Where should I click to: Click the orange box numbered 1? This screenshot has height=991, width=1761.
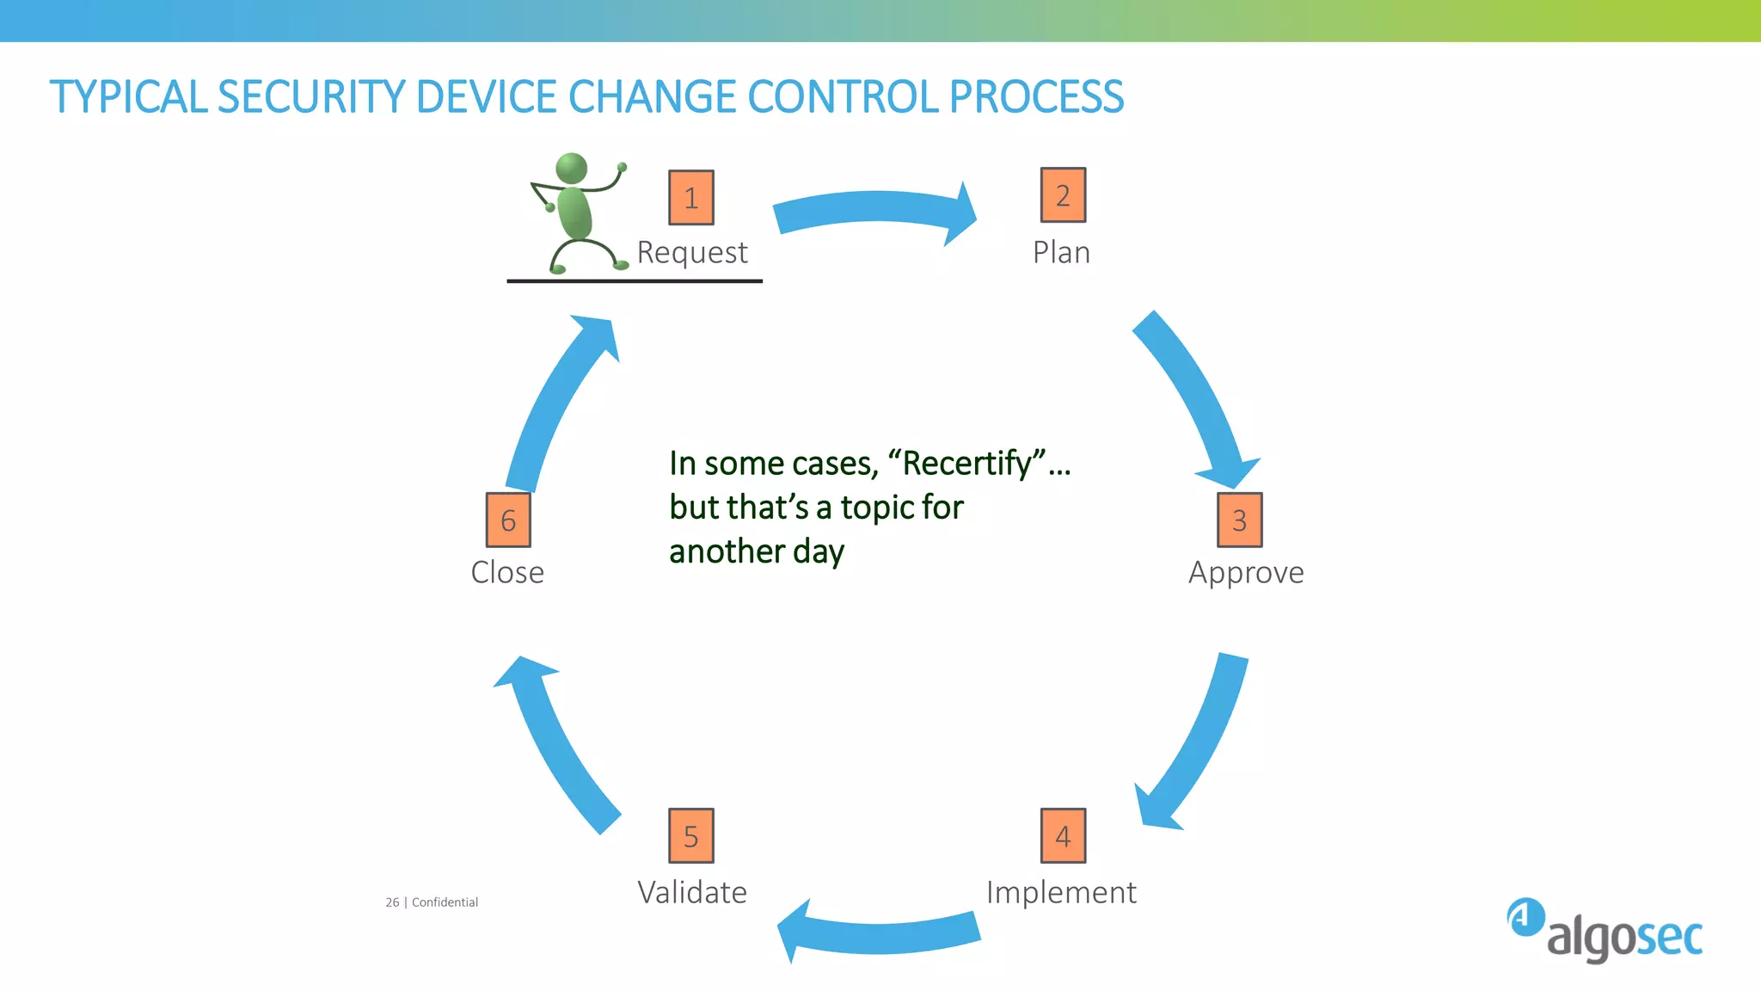coord(691,198)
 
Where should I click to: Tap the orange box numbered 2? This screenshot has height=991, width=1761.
coord(1063,195)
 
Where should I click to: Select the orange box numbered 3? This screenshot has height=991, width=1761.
coord(1239,520)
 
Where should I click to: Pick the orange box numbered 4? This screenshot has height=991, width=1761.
coord(1063,835)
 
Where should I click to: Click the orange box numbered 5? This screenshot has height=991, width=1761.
coord(691,835)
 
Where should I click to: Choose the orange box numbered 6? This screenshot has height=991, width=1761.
coord(508,520)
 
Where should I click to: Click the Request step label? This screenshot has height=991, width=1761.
coord(692,253)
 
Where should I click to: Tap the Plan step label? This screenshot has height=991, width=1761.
coord(1061,253)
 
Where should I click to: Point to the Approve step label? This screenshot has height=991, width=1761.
coord(1246,573)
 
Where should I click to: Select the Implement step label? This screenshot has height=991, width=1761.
coord(1061,893)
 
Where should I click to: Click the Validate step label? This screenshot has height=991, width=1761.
coord(692,893)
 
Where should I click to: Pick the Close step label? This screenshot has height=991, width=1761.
coord(507,573)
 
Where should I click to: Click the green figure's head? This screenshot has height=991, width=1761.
coord(572,168)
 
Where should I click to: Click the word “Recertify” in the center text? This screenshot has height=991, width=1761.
coord(967,464)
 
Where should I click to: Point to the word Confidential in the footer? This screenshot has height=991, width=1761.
coord(445,902)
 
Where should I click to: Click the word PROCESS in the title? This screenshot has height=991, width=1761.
coord(1036,97)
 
